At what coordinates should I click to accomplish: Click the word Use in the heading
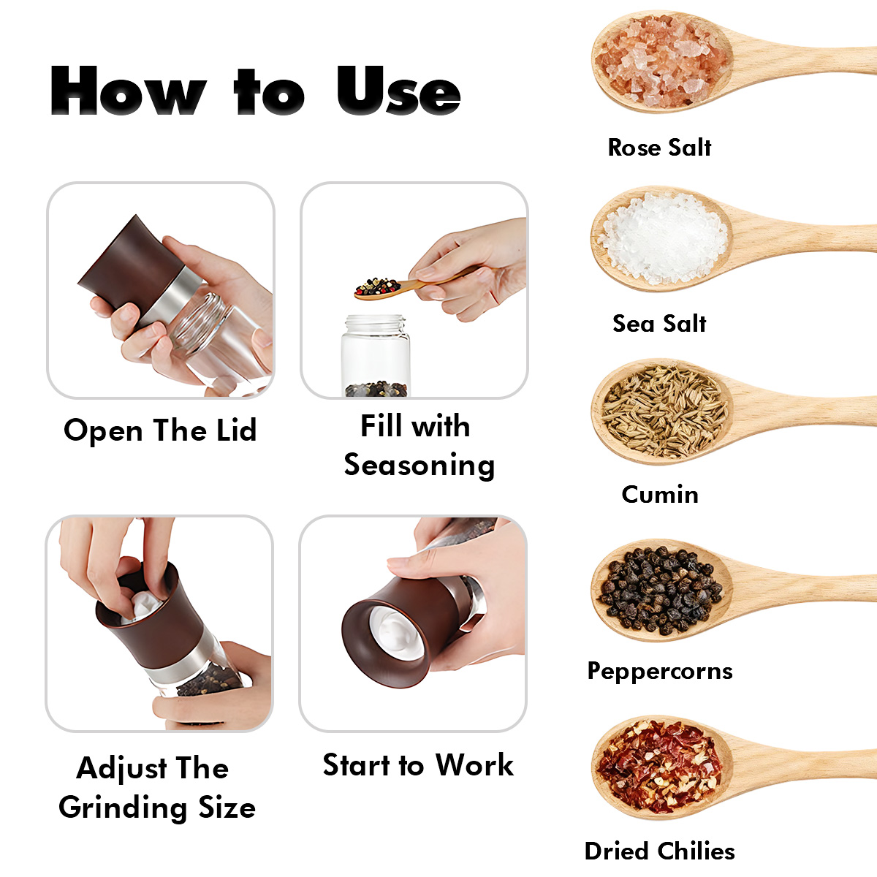pyautogui.click(x=399, y=90)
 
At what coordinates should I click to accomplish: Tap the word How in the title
pyautogui.click(x=129, y=90)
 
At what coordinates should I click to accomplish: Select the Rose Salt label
pyautogui.click(x=659, y=148)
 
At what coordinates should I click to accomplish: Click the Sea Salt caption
pyautogui.click(x=659, y=323)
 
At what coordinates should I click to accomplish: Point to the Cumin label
pyautogui.click(x=660, y=494)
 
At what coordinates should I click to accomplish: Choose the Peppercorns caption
pyautogui.click(x=660, y=671)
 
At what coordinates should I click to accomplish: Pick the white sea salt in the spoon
pyautogui.click(x=664, y=237)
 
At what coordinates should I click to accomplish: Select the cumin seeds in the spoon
pyautogui.click(x=664, y=411)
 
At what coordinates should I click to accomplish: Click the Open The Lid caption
pyautogui.click(x=160, y=430)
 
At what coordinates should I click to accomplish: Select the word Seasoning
pyautogui.click(x=419, y=465)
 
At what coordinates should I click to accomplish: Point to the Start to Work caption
pyautogui.click(x=418, y=764)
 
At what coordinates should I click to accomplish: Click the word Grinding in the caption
pyautogui.click(x=123, y=808)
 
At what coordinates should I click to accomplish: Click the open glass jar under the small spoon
pyautogui.click(x=376, y=355)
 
